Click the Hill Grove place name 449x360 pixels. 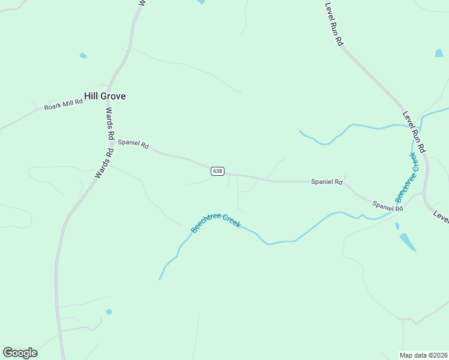105,96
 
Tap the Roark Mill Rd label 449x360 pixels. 63,106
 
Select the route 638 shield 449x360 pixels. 217,171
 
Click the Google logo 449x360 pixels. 20,353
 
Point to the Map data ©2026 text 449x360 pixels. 423,355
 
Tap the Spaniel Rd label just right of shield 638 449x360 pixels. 327,182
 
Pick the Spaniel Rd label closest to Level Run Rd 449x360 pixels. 387,206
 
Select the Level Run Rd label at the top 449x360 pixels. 333,24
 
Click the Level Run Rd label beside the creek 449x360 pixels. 414,131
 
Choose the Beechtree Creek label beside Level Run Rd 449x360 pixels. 406,178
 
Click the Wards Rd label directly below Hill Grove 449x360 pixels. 109,124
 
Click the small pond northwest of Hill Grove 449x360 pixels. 83,56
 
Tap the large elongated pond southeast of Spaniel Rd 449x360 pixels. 408,241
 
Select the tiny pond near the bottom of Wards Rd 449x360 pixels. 109,311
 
